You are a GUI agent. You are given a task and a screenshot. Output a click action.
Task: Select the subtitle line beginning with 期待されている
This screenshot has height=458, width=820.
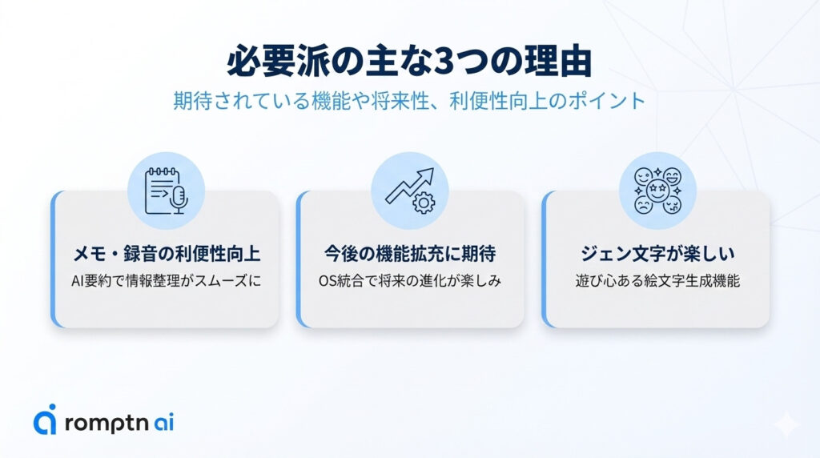coord(409,102)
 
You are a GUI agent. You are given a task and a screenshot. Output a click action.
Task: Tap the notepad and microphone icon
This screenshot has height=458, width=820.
coord(167,191)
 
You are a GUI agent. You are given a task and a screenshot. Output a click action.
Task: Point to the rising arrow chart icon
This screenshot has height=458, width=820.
coord(409,191)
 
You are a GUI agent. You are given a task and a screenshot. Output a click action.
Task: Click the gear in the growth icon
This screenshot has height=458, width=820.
coord(422,203)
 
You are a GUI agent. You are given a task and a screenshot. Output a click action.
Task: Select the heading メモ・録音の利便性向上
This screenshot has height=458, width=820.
coord(167,255)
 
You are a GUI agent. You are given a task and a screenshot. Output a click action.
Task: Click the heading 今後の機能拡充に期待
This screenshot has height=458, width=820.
coord(409,255)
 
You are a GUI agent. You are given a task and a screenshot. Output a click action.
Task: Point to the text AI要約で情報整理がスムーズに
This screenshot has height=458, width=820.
coord(167,282)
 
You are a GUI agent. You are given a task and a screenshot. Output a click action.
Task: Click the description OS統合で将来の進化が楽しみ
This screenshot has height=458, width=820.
coord(409,282)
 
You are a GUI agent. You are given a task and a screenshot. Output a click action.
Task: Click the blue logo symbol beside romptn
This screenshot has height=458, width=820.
coord(46,419)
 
